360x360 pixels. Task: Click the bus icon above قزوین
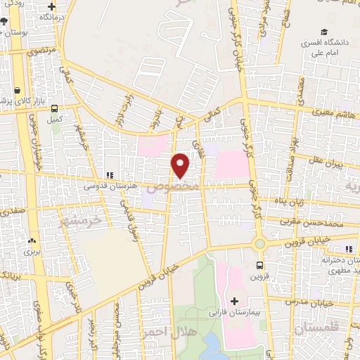point(259,266)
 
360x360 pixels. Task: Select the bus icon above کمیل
point(55,108)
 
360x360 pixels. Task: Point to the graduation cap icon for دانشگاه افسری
point(324,32)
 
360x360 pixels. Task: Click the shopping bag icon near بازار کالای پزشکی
point(17,90)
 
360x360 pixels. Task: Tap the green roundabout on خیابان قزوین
point(259,243)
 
